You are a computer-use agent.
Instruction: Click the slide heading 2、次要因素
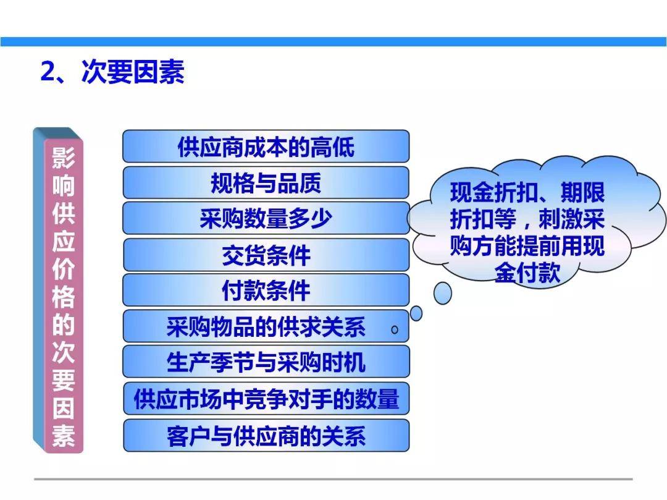coord(112,73)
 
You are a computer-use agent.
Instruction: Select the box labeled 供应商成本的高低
coord(266,146)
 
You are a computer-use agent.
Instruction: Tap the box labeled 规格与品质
coord(266,183)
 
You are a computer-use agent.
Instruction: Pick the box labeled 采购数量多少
coord(266,218)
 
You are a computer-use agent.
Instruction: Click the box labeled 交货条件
coord(266,255)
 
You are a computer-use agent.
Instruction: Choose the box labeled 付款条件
coord(266,290)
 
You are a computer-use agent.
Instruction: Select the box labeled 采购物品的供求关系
coord(266,326)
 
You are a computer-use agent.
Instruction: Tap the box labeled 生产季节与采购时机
coord(266,362)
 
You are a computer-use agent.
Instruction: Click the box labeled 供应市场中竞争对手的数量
coord(266,399)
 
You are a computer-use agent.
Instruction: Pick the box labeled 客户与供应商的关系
coord(266,436)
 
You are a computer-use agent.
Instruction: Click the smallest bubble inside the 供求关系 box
coord(395,330)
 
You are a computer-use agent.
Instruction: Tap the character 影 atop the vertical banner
coord(63,158)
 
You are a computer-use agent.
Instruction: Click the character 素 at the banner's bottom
coord(63,435)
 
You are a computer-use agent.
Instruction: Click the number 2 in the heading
coord(48,73)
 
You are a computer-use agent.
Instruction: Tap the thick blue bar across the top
coord(333,41)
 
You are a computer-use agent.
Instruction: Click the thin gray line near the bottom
coord(333,478)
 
